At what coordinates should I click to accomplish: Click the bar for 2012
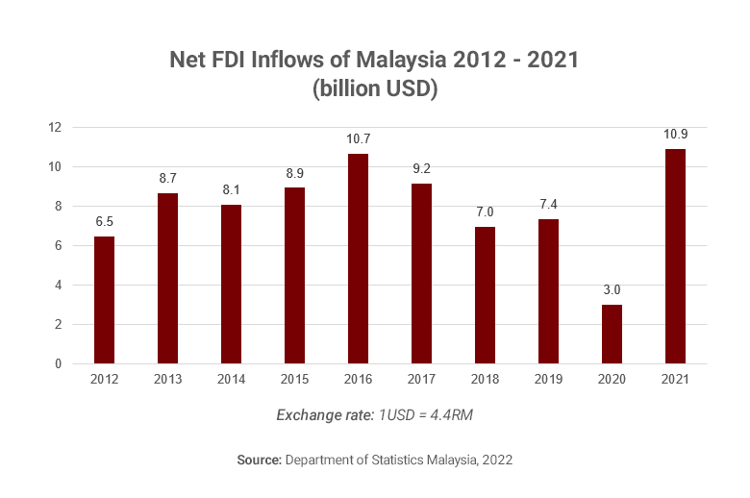[x=104, y=300]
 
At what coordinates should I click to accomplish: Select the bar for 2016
[x=358, y=259]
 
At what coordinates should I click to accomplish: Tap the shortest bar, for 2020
[x=612, y=335]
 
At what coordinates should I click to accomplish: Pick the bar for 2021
[x=675, y=257]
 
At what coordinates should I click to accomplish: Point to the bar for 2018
[x=485, y=295]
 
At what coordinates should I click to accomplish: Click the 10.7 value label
[x=358, y=140]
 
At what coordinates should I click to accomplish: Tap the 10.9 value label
[x=675, y=135]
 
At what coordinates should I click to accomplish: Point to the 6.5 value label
[x=104, y=222]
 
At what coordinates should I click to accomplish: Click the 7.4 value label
[x=548, y=205]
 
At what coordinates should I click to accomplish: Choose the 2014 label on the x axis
[x=231, y=380]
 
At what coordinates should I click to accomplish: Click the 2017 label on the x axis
[x=421, y=380]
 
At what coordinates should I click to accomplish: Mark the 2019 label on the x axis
[x=548, y=380]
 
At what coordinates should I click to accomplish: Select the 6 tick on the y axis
[x=58, y=246]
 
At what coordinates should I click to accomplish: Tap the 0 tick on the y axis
[x=58, y=364]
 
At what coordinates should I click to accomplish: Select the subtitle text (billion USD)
[x=375, y=88]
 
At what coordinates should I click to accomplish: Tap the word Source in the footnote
[x=258, y=461]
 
